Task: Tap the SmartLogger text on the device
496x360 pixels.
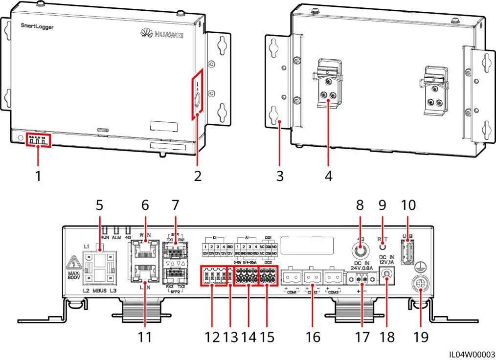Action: (x=37, y=26)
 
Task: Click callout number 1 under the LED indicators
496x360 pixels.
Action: (x=38, y=176)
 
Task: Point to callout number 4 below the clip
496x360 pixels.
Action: (x=328, y=176)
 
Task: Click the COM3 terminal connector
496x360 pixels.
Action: (x=335, y=278)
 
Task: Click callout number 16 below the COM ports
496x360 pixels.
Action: (x=313, y=337)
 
